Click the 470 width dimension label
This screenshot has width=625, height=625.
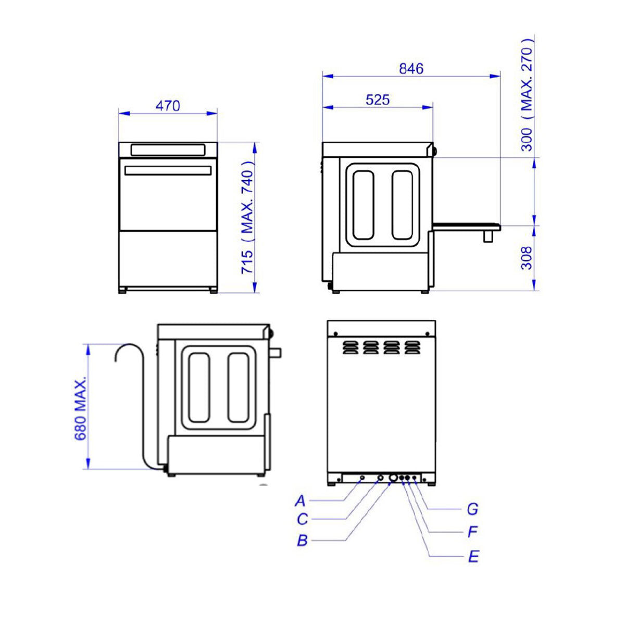point(168,106)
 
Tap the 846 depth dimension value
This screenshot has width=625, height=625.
point(411,69)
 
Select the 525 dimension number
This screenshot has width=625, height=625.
point(377,99)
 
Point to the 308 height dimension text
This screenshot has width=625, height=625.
point(527,258)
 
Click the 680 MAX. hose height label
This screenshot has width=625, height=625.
point(80,409)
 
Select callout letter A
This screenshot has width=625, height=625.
point(301,501)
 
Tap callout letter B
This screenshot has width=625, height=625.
point(303,541)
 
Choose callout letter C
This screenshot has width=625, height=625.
point(303,519)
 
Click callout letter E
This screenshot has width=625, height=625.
point(473,557)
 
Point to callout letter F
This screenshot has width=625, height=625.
point(472,532)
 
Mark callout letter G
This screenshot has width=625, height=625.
point(472,509)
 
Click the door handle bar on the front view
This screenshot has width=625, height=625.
point(168,170)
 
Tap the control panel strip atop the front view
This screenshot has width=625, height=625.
point(168,150)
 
